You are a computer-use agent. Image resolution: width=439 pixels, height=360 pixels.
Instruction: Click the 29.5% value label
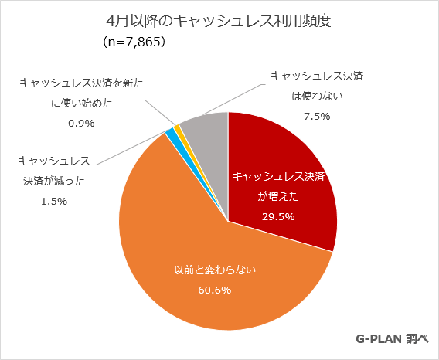(x=278, y=216)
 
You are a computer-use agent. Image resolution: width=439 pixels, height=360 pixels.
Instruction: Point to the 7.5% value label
(x=318, y=116)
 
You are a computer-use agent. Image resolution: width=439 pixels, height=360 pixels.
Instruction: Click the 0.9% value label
(x=81, y=122)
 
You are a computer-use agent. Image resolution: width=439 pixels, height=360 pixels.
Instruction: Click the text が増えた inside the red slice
(x=278, y=197)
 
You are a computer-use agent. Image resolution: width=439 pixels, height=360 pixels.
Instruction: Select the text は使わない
(x=317, y=96)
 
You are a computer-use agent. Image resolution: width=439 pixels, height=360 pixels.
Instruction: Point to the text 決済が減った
(x=54, y=181)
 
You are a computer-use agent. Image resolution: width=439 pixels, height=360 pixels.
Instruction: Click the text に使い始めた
(x=81, y=101)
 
